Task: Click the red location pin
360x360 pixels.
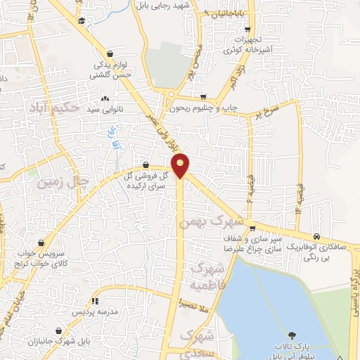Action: (x=181, y=165)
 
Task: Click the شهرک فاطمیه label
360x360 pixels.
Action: (x=208, y=277)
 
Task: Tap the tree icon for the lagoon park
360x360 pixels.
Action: (x=291, y=333)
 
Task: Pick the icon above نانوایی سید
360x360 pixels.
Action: (x=105, y=99)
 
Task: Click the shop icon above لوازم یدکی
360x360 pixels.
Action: (x=110, y=54)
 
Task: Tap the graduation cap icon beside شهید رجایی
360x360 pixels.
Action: (x=82, y=21)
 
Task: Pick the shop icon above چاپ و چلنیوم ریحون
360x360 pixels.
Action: (x=203, y=98)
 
